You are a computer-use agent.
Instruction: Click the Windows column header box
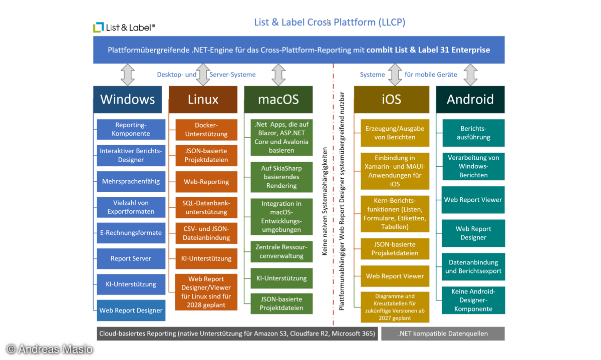[128, 99]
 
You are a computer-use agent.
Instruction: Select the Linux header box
[203, 99]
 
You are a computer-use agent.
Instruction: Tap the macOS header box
[278, 99]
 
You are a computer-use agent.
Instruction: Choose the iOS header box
[391, 99]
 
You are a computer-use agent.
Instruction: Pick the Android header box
[470, 99]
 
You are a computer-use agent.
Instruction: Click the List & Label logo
[124, 28]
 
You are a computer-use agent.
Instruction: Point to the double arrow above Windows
[128, 75]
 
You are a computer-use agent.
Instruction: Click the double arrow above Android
[470, 75]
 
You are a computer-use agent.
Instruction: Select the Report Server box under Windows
[131, 258]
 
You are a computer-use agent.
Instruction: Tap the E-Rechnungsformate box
[131, 232]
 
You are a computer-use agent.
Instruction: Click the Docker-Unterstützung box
[206, 130]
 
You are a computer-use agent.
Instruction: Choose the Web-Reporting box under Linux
[206, 182]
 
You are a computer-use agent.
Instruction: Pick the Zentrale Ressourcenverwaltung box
[281, 251]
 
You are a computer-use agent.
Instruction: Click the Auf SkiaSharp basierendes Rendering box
[281, 177]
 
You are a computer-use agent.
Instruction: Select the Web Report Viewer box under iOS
[395, 276]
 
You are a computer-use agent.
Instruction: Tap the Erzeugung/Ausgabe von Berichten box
[395, 133]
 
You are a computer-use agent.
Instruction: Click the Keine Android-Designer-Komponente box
[473, 300]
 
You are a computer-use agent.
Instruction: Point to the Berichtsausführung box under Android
[473, 133]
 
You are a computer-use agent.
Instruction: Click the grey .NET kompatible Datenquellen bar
[442, 333]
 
